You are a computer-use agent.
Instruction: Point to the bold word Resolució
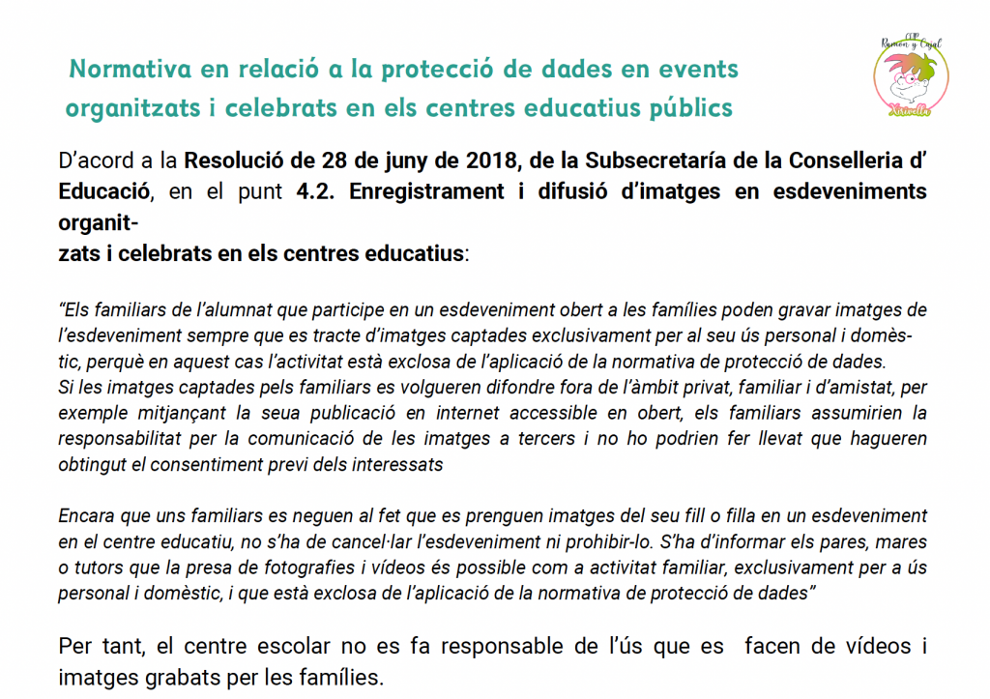coord(233,160)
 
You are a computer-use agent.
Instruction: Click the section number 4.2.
coord(318,191)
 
